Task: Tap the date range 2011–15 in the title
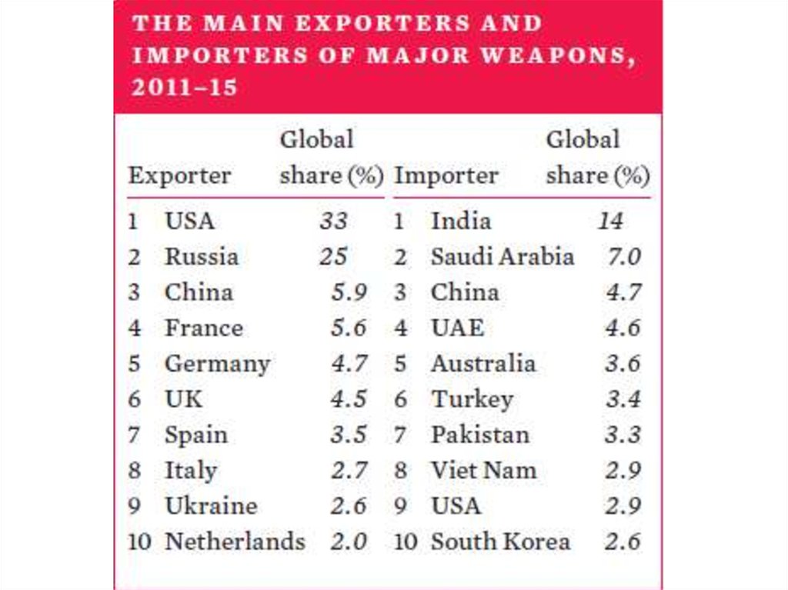[184, 88]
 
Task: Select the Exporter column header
[179, 176]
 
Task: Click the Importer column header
[446, 176]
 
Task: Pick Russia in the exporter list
[201, 257]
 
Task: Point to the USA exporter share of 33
[334, 222]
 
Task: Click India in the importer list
[460, 222]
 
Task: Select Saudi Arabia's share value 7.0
[623, 257]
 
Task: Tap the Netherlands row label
[235, 542]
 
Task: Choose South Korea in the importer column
[500, 542]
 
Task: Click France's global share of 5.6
[349, 328]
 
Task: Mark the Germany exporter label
[217, 364]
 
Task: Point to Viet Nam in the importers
[483, 470]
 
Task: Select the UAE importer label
[457, 328]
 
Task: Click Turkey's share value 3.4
[623, 399]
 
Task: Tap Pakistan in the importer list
[479, 435]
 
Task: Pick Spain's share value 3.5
[349, 435]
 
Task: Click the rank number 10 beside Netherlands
[139, 542]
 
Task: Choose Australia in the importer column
[482, 364]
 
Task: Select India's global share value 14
[610, 222]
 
